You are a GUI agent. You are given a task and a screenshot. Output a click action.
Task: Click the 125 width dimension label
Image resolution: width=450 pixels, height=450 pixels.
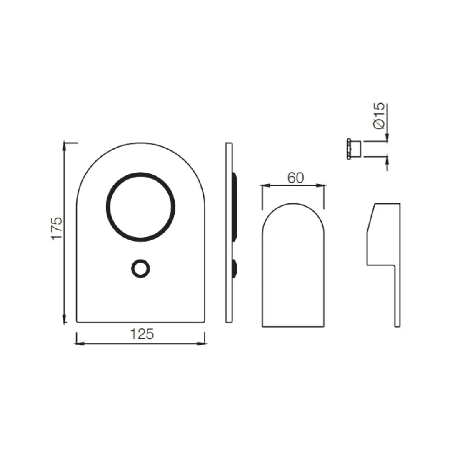[x=142, y=334]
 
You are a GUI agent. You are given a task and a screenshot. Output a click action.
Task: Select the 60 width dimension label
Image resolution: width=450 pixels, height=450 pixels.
[x=295, y=178]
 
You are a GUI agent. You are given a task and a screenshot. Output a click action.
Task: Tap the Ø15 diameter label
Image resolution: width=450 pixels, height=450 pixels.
[x=379, y=116]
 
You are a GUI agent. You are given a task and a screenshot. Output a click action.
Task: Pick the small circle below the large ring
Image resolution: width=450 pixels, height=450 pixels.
[x=140, y=268]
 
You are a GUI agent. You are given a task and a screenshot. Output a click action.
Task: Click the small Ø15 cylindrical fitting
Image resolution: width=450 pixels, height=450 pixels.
[x=354, y=149]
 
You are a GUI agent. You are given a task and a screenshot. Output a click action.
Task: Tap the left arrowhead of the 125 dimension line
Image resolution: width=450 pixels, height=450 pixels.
[x=77, y=343]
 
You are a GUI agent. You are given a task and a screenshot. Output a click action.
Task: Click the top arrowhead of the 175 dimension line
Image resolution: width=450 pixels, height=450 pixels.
[x=64, y=145]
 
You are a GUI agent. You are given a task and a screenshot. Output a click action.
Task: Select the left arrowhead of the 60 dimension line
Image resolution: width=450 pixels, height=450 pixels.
[x=264, y=185]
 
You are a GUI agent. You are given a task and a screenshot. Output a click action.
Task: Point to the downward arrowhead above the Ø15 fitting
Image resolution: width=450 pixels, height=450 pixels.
[x=387, y=138]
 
